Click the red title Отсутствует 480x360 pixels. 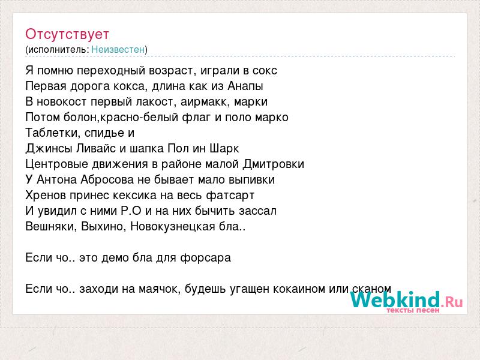coord(67,34)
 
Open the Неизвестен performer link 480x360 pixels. coord(118,49)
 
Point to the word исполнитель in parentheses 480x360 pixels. coord(58,50)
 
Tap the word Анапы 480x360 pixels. coord(245,86)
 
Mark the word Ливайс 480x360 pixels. coord(96,148)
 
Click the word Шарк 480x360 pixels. coord(224,149)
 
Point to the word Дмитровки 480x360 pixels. coord(274,164)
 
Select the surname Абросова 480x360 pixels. coord(107,179)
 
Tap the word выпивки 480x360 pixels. coord(252,180)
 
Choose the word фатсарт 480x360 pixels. coord(230,196)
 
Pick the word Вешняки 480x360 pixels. coord(51,227)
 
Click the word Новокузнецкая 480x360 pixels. coord(173,227)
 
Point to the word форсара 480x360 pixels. coord(205,258)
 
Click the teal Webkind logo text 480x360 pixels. coord(395,299)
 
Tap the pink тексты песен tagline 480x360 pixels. coord(413,310)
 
